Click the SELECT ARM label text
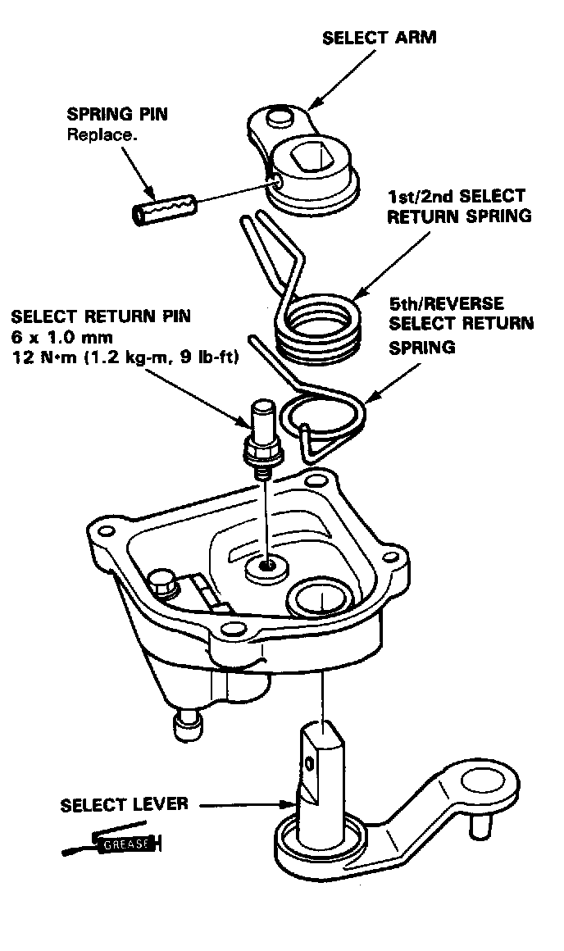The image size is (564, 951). pyautogui.click(x=380, y=38)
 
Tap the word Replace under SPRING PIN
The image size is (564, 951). pyautogui.click(x=102, y=134)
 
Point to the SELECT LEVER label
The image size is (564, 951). pyautogui.click(x=124, y=805)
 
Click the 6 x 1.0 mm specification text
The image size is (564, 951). pyautogui.click(x=61, y=337)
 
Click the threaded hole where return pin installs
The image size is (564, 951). pyautogui.click(x=266, y=565)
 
